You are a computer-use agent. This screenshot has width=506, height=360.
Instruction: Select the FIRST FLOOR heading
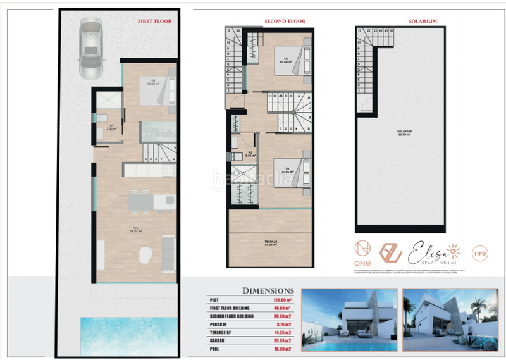154,21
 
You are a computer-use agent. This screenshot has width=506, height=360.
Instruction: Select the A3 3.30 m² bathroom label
111,127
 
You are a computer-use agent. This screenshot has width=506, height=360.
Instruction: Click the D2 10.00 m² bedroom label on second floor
285,61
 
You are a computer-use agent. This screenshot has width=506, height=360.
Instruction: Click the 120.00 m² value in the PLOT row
282,300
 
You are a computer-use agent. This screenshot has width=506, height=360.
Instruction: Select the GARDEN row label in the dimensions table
219,340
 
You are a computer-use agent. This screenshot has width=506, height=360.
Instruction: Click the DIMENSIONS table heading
268,290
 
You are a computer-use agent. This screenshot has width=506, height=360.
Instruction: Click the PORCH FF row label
219,324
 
